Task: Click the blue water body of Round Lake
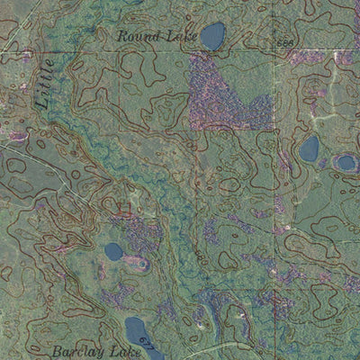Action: pos(212,36)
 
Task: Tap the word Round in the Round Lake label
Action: pos(136,37)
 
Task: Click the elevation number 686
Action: pos(285,43)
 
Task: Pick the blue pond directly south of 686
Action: pos(309,148)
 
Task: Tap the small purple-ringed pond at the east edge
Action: pos(346,163)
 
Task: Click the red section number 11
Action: pos(124,209)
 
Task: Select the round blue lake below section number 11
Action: pos(113,251)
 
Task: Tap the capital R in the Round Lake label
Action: pos(122,37)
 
